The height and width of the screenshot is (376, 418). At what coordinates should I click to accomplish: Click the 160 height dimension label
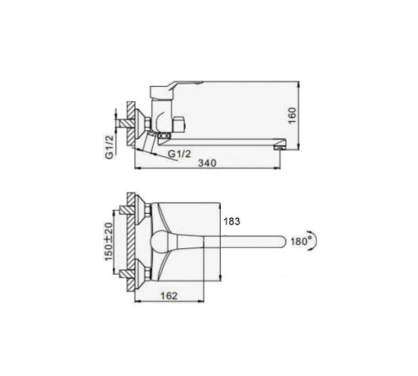coord(293,115)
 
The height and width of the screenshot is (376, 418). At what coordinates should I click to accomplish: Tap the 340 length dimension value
coord(206,163)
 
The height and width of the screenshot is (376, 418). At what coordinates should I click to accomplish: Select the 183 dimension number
coord(232,221)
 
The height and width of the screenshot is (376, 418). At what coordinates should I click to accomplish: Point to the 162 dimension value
coord(169,296)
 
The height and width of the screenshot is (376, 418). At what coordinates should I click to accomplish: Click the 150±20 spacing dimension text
coord(109,241)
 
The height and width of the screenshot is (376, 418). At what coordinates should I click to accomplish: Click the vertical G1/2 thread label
coord(110,147)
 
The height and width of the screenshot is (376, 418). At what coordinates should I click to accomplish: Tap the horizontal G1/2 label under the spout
coord(180,154)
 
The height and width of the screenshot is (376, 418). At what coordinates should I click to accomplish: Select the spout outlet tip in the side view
coord(280,146)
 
